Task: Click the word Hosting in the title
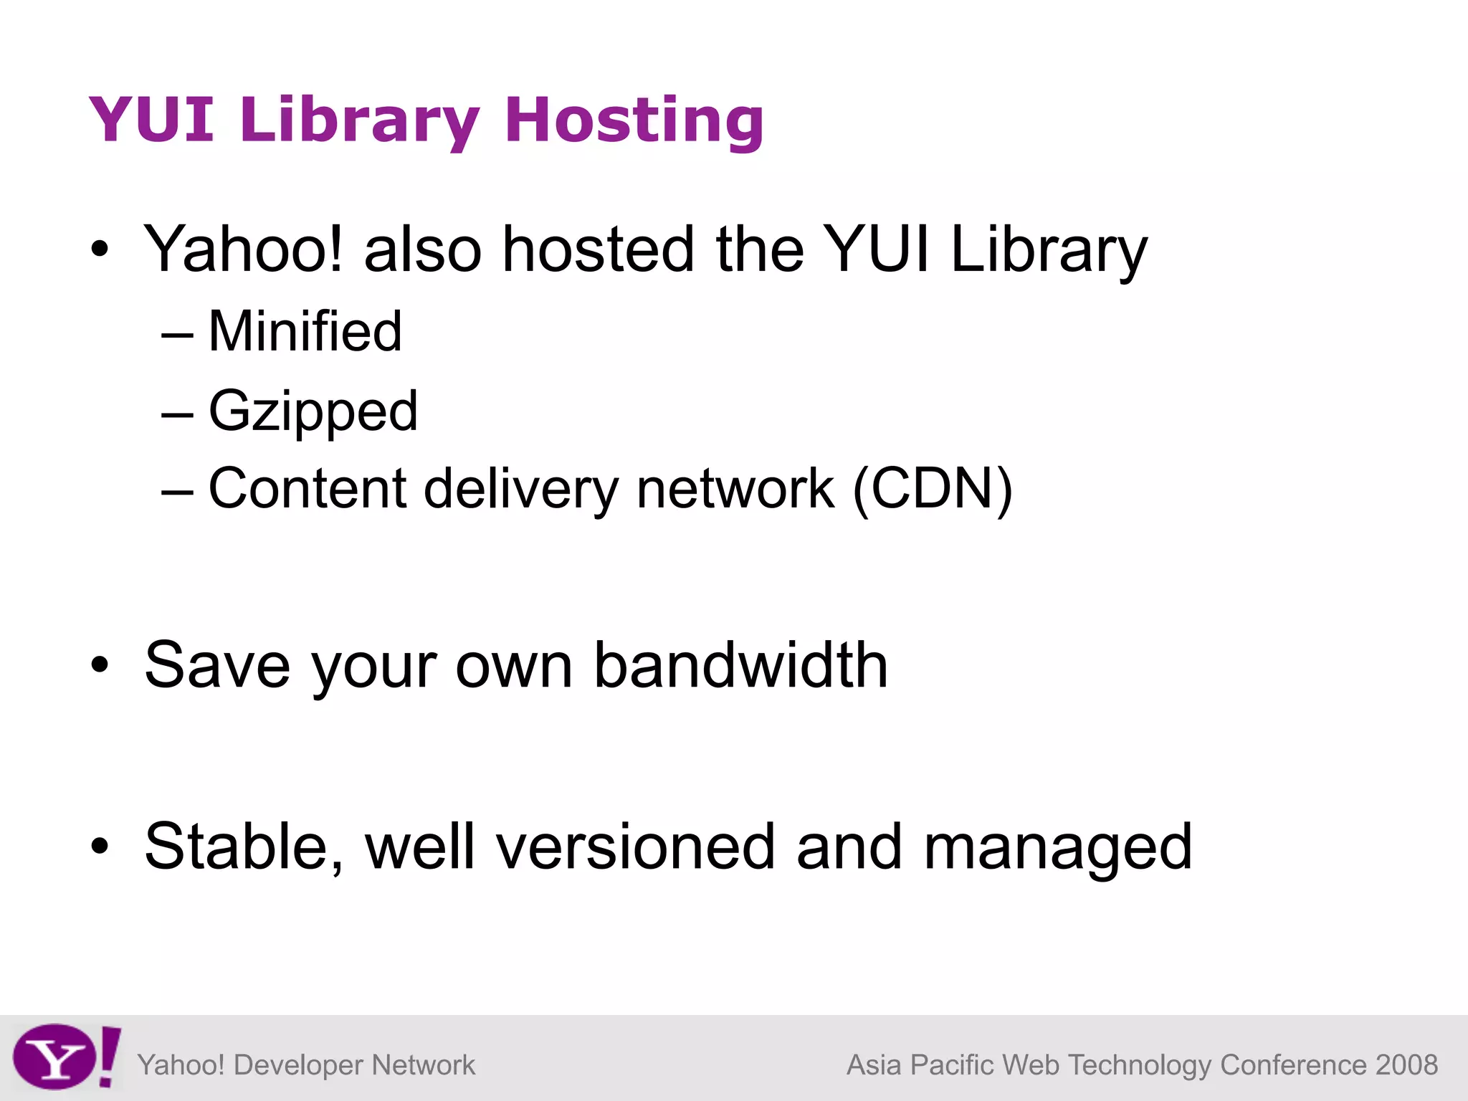coord(634,120)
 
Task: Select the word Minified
coord(305,331)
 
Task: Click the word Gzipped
coord(313,411)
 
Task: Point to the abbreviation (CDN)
coord(932,489)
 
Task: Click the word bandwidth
coord(741,665)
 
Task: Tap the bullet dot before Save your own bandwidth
coord(100,665)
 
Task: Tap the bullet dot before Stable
coord(100,847)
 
